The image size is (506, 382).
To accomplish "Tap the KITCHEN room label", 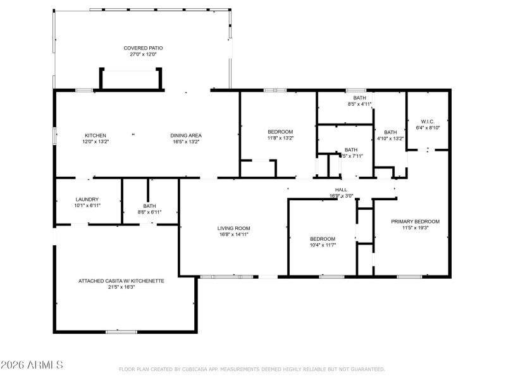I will (96, 135).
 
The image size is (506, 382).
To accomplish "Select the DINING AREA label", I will (185, 135).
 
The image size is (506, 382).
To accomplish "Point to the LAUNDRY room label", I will (87, 200).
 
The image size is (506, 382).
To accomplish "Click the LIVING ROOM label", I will (233, 228).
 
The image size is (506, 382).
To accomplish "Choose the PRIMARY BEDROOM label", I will (415, 221).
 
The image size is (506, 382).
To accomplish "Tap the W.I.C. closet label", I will (428, 121).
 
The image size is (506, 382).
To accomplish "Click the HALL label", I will (341, 189).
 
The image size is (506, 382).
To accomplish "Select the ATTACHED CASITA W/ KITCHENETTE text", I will (121, 281).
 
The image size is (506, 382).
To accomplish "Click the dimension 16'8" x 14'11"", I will (233, 234).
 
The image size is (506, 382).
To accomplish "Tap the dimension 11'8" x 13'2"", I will (280, 137).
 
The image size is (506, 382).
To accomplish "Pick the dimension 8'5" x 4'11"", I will (359, 104).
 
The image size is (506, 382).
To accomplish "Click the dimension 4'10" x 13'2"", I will (390, 138).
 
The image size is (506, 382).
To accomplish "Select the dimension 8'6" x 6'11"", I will (149, 212).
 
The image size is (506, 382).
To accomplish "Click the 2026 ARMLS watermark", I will (32, 366).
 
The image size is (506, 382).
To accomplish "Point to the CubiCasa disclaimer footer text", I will (252, 369).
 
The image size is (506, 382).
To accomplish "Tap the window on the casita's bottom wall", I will (121, 331).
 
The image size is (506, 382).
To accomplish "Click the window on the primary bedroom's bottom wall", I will (409, 276).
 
